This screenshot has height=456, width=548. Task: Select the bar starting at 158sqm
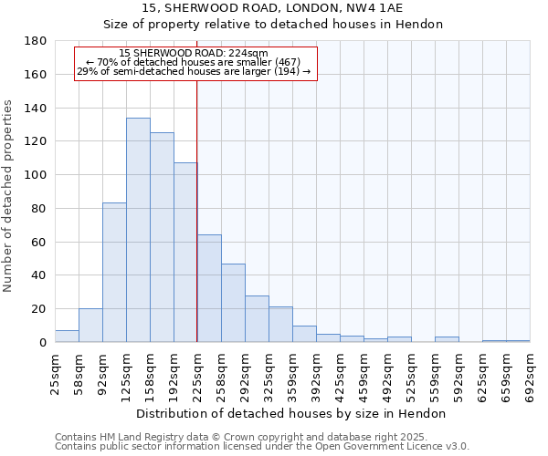click(x=162, y=237)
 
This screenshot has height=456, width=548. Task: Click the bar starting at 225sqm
click(x=209, y=288)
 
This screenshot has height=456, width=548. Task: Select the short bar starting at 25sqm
click(x=67, y=337)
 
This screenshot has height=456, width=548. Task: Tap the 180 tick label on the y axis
click(x=36, y=41)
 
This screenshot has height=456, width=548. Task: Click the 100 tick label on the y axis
click(x=36, y=175)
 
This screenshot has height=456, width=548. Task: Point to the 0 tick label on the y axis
click(x=42, y=343)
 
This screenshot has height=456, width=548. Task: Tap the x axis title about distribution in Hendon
click(x=290, y=413)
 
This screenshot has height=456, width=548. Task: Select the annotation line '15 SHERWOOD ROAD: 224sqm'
click(x=194, y=54)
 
